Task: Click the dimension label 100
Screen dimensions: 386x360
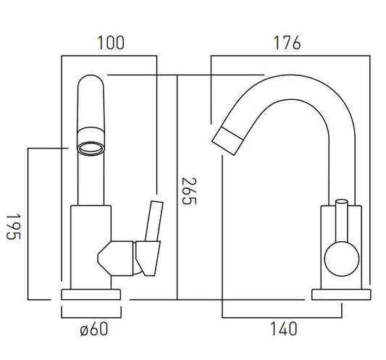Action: point(111,43)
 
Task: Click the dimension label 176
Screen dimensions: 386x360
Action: point(288,43)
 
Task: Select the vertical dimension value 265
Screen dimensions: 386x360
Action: point(189,191)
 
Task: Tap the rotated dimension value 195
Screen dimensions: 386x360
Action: point(14,227)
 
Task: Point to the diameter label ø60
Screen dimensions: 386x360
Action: point(94,329)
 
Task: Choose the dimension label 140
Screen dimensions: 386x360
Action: point(284,329)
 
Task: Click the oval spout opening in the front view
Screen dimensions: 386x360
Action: point(91,148)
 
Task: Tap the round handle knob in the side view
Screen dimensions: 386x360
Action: point(342,259)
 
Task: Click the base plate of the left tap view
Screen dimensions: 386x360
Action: point(91,295)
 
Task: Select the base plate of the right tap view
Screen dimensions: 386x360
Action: point(341,295)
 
